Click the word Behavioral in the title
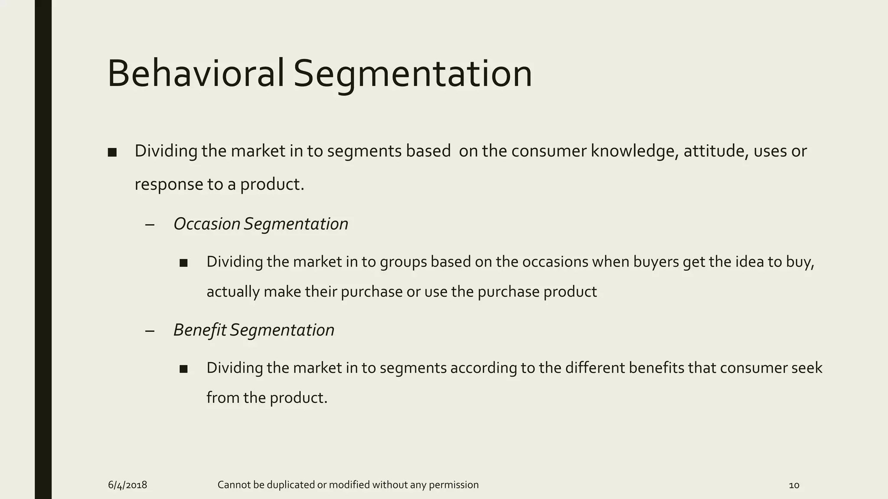tap(195, 74)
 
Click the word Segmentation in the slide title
tap(412, 75)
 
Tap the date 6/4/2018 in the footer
tap(127, 485)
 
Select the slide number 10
tap(794, 485)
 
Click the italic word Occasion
tap(207, 224)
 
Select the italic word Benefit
tap(200, 330)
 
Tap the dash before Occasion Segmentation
tap(150, 225)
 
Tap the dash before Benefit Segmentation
tap(150, 331)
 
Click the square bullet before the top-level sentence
tap(112, 152)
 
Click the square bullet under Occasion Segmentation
tap(183, 263)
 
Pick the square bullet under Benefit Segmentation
tap(183, 369)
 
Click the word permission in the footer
tap(454, 485)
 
